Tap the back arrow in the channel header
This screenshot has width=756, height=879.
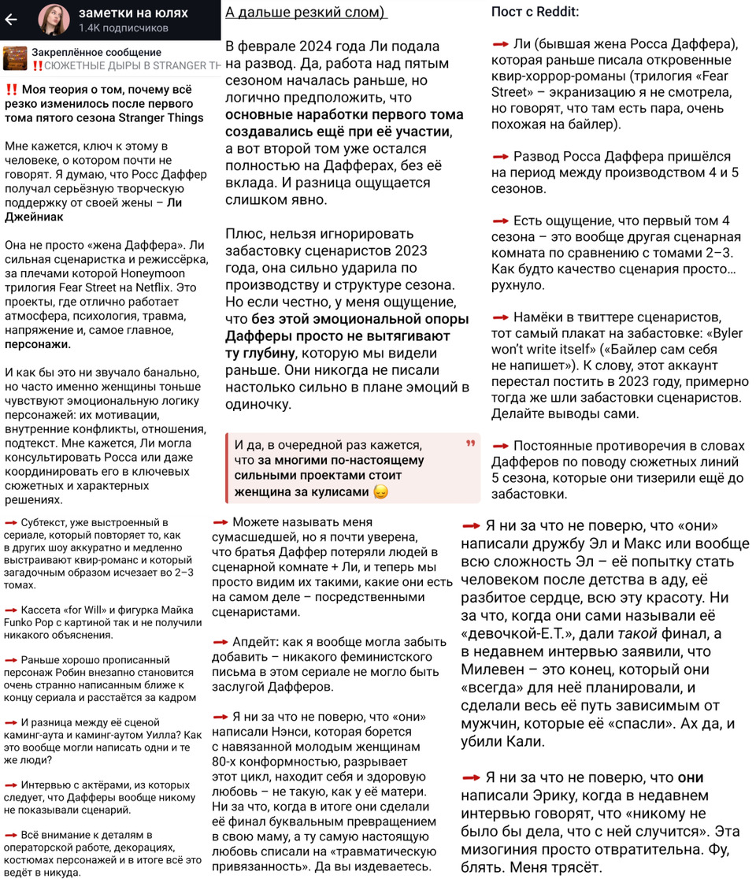[11, 20]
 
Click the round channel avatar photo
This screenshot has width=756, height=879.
[53, 20]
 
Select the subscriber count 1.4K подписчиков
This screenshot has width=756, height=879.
[123, 28]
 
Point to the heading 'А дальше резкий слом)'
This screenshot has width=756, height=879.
[306, 13]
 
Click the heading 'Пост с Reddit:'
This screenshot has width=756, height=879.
[535, 12]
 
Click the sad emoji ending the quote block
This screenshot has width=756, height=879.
[381, 492]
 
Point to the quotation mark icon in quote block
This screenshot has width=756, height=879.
[471, 444]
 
